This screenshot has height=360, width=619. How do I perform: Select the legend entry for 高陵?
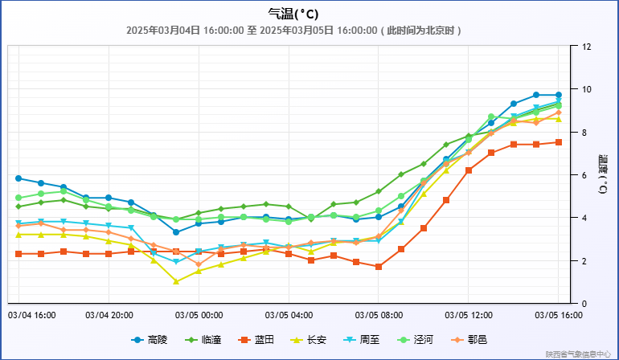click(x=150, y=340)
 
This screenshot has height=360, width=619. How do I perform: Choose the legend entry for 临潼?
click(x=203, y=340)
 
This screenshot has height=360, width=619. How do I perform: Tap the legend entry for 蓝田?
click(x=257, y=340)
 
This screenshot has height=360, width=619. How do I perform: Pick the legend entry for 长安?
click(x=311, y=340)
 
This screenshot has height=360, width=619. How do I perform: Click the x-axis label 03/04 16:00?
click(x=31, y=315)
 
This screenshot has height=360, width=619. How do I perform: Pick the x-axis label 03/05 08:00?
click(x=379, y=315)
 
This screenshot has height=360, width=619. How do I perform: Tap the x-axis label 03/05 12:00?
click(x=469, y=315)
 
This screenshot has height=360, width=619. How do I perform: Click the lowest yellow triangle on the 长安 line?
click(x=176, y=281)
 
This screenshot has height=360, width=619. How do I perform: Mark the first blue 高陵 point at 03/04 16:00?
click(x=18, y=178)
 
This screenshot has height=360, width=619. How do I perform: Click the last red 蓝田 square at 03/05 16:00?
click(x=559, y=142)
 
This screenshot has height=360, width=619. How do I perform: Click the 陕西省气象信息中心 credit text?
click(x=578, y=354)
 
